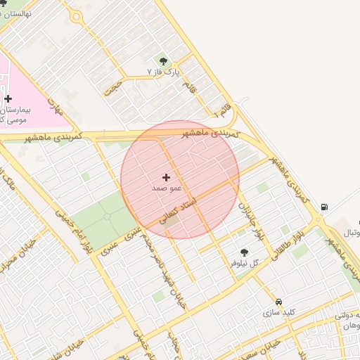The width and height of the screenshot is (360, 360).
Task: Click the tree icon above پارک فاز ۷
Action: pos(164,61)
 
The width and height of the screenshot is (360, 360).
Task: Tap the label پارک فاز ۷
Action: pos(164,72)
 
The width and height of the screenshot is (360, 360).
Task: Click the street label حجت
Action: pos(112,87)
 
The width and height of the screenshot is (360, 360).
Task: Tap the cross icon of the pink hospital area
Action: pos(8,99)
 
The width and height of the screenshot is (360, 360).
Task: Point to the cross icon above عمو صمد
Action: pos(166,177)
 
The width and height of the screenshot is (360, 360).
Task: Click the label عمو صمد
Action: pos(167,188)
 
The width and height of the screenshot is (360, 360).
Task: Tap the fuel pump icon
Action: pos(323,207)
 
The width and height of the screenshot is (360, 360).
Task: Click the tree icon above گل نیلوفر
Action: pos(244,252)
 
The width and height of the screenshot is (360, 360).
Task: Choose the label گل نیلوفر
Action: pos(245,263)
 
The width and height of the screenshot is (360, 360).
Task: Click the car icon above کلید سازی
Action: pos(279,300)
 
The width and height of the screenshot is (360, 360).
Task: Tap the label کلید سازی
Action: pos(279,311)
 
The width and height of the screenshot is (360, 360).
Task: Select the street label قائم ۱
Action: pos(221,109)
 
